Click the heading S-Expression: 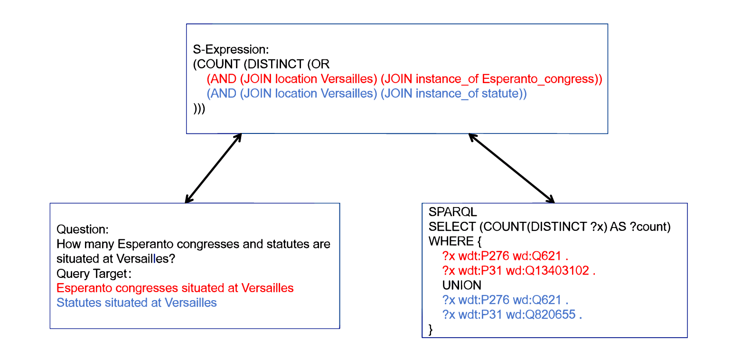(231, 49)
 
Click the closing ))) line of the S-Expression (199, 109)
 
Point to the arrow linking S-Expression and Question (213, 168)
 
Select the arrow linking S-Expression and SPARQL (511, 168)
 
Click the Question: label (83, 230)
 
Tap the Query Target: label (94, 274)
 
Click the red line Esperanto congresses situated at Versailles (175, 288)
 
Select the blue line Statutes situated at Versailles (136, 303)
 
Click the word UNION (461, 285)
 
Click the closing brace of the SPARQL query (431, 329)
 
